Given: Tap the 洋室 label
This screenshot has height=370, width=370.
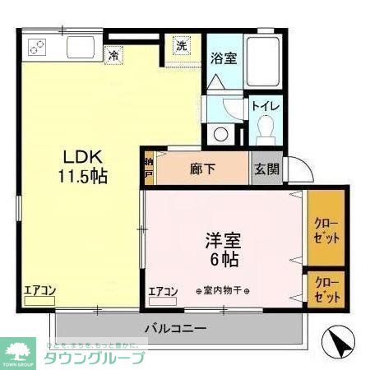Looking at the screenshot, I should coord(224,243).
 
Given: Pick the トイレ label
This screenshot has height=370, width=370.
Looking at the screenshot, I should coord(266,107).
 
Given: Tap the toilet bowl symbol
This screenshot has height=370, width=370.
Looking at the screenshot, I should coord(266,130).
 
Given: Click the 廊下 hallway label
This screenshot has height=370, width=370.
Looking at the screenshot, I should coord(203,169).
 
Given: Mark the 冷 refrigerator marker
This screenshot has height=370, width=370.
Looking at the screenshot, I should coord(113,56).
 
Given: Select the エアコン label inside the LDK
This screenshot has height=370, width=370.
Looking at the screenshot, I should coord(39,289).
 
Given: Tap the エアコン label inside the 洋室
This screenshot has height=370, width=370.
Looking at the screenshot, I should coord(164,291).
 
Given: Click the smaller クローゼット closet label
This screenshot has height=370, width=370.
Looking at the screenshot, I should coord(326,289).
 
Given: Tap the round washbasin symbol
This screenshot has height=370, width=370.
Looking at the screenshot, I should coord(220,134).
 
